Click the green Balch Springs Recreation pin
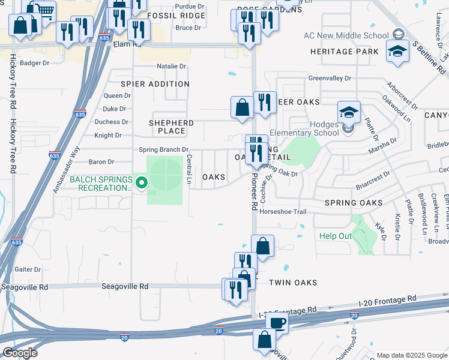pos(142,182)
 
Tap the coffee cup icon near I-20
pos(277,322)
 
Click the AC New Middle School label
pos(355,35)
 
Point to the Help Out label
pos(335,236)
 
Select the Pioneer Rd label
pos(254,197)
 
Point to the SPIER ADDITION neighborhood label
pos(155,84)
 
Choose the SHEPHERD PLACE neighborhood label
pos(171,127)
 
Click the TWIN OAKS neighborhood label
pos(292,282)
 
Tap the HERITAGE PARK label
pos(345,52)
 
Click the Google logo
pos(20,352)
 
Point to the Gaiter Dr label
pos(28,270)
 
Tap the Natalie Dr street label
pos(171,66)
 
